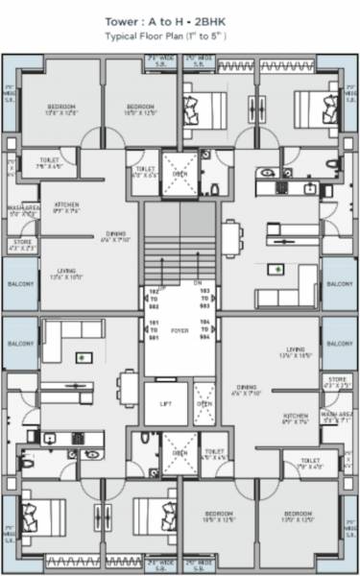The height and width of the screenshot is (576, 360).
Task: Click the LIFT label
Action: click(165, 404)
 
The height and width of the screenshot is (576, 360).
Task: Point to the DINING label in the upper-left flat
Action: click(115, 235)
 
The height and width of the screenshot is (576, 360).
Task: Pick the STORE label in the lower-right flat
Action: click(336, 382)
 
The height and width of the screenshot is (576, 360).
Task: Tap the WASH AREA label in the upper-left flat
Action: click(23, 209)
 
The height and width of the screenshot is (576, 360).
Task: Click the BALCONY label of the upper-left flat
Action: click(20, 285)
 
